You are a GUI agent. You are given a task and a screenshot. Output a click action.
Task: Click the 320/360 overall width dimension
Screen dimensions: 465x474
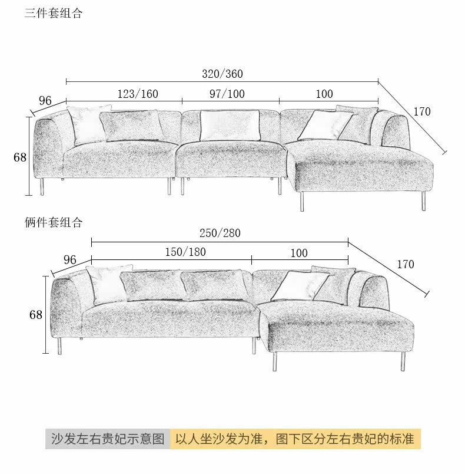222,74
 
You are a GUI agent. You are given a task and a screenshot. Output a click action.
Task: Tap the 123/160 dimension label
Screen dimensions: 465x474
138,94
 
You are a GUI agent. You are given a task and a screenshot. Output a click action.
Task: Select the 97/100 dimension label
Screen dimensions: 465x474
227,94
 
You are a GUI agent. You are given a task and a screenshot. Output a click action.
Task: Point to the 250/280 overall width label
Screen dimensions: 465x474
220,233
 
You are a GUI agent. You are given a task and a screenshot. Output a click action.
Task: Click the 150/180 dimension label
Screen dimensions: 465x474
185,252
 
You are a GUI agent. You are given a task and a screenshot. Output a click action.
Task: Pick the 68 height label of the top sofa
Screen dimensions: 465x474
20,157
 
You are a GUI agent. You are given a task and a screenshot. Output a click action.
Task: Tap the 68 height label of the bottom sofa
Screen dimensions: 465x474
36,315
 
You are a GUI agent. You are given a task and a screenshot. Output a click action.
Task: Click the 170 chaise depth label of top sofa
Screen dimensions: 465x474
422,112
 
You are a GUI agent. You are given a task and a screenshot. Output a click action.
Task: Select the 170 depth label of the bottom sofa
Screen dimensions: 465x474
406,265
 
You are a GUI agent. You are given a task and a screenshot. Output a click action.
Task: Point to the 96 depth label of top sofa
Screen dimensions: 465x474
45,101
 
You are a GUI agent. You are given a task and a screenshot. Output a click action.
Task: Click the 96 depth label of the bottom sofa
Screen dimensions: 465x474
70,260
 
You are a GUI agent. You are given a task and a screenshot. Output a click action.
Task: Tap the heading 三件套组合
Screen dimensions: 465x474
53,14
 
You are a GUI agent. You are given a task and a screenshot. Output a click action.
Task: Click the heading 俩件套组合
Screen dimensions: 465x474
53,223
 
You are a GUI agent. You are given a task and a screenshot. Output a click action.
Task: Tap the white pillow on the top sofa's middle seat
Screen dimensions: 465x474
230,126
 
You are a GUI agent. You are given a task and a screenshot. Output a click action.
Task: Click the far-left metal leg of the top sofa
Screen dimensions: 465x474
41,187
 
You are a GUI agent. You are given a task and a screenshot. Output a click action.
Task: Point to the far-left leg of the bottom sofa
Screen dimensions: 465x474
58,346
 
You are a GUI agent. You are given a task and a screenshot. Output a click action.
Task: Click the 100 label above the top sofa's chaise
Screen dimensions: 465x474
324,94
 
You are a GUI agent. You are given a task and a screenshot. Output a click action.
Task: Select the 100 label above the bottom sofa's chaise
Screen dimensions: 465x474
299,253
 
